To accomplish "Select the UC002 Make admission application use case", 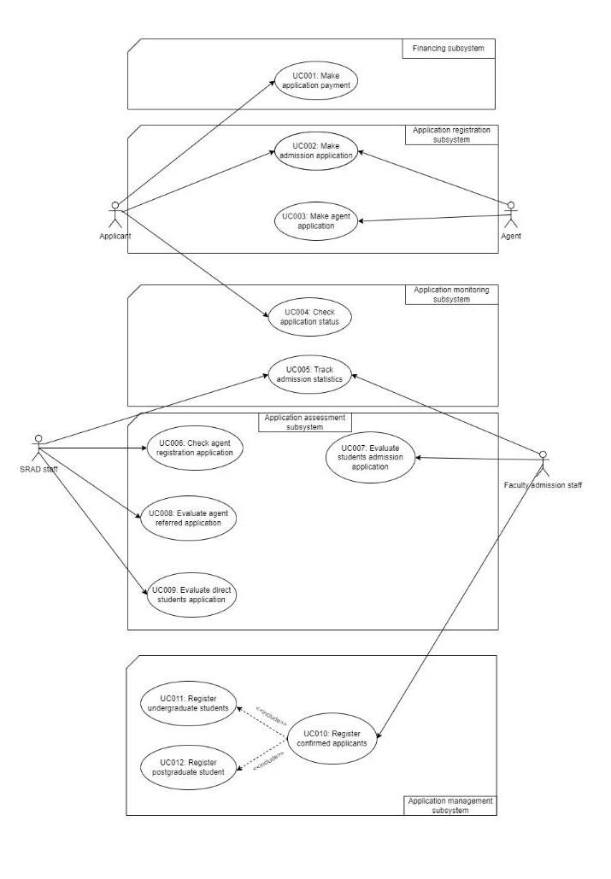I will (x=316, y=151).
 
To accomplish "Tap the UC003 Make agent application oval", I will (x=317, y=221).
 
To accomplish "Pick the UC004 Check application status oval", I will (x=308, y=316).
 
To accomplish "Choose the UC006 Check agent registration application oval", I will (x=190, y=448).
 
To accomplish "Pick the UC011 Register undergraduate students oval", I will (x=190, y=703).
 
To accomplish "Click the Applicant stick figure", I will (x=115, y=214).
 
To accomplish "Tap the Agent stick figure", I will (x=512, y=214).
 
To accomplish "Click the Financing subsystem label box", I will (x=449, y=49).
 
